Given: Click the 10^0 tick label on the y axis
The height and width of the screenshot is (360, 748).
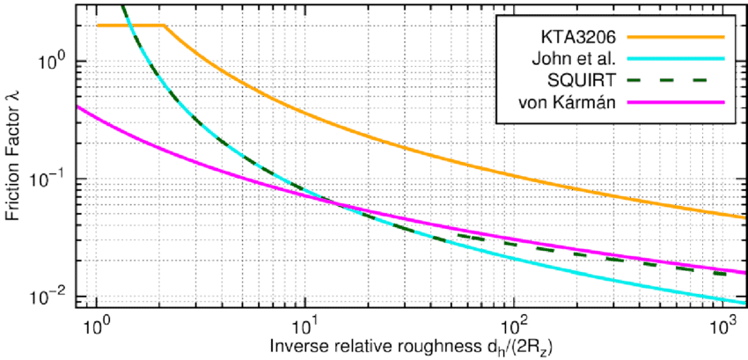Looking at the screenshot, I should point(52,63).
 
